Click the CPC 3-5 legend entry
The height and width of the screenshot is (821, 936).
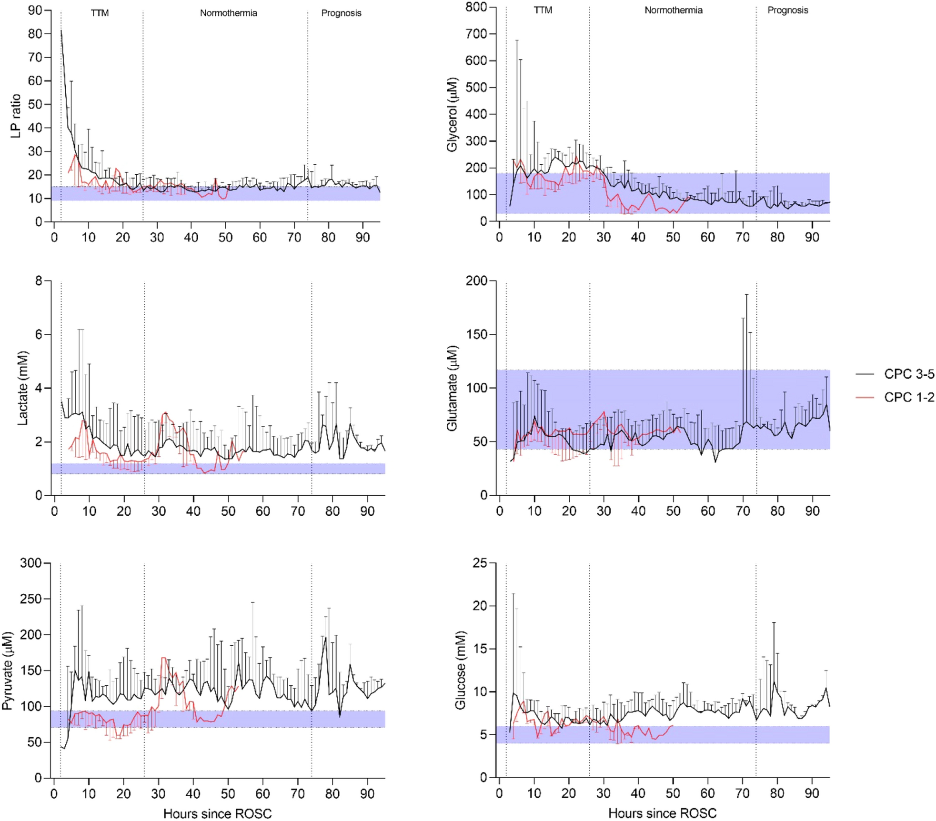[908, 374]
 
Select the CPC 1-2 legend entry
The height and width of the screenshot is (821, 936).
[908, 397]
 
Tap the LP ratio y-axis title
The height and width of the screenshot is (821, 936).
[16, 116]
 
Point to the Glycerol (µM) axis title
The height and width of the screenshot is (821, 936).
[452, 115]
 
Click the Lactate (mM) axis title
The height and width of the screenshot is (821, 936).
[22, 388]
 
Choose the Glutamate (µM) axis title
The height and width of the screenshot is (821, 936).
[452, 388]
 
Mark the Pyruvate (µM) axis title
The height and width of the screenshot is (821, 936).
[7, 671]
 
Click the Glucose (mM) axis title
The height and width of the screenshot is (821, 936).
[460, 671]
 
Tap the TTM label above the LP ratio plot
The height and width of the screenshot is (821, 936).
[100, 13]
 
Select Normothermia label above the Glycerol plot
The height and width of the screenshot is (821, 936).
[673, 10]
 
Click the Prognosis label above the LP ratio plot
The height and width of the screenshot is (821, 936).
[341, 13]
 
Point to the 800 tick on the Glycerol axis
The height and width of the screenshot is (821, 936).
[477, 7]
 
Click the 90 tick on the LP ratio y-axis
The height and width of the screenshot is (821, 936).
[35, 10]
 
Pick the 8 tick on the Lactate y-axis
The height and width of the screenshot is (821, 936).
[39, 281]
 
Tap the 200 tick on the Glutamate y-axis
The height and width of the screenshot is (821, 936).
[477, 281]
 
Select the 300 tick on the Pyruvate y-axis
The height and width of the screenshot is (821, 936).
[31, 563]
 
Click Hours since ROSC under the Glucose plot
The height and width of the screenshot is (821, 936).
[662, 813]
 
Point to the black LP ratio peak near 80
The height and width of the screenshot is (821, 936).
[61, 31]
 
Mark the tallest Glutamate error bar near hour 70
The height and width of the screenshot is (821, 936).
[746, 295]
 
